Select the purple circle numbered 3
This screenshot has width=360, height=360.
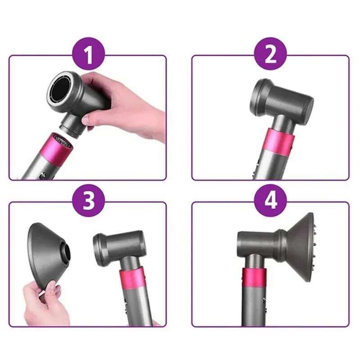point(89,201)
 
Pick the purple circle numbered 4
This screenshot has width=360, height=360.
point(270,201)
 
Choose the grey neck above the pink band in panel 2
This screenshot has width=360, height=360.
point(280,121)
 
